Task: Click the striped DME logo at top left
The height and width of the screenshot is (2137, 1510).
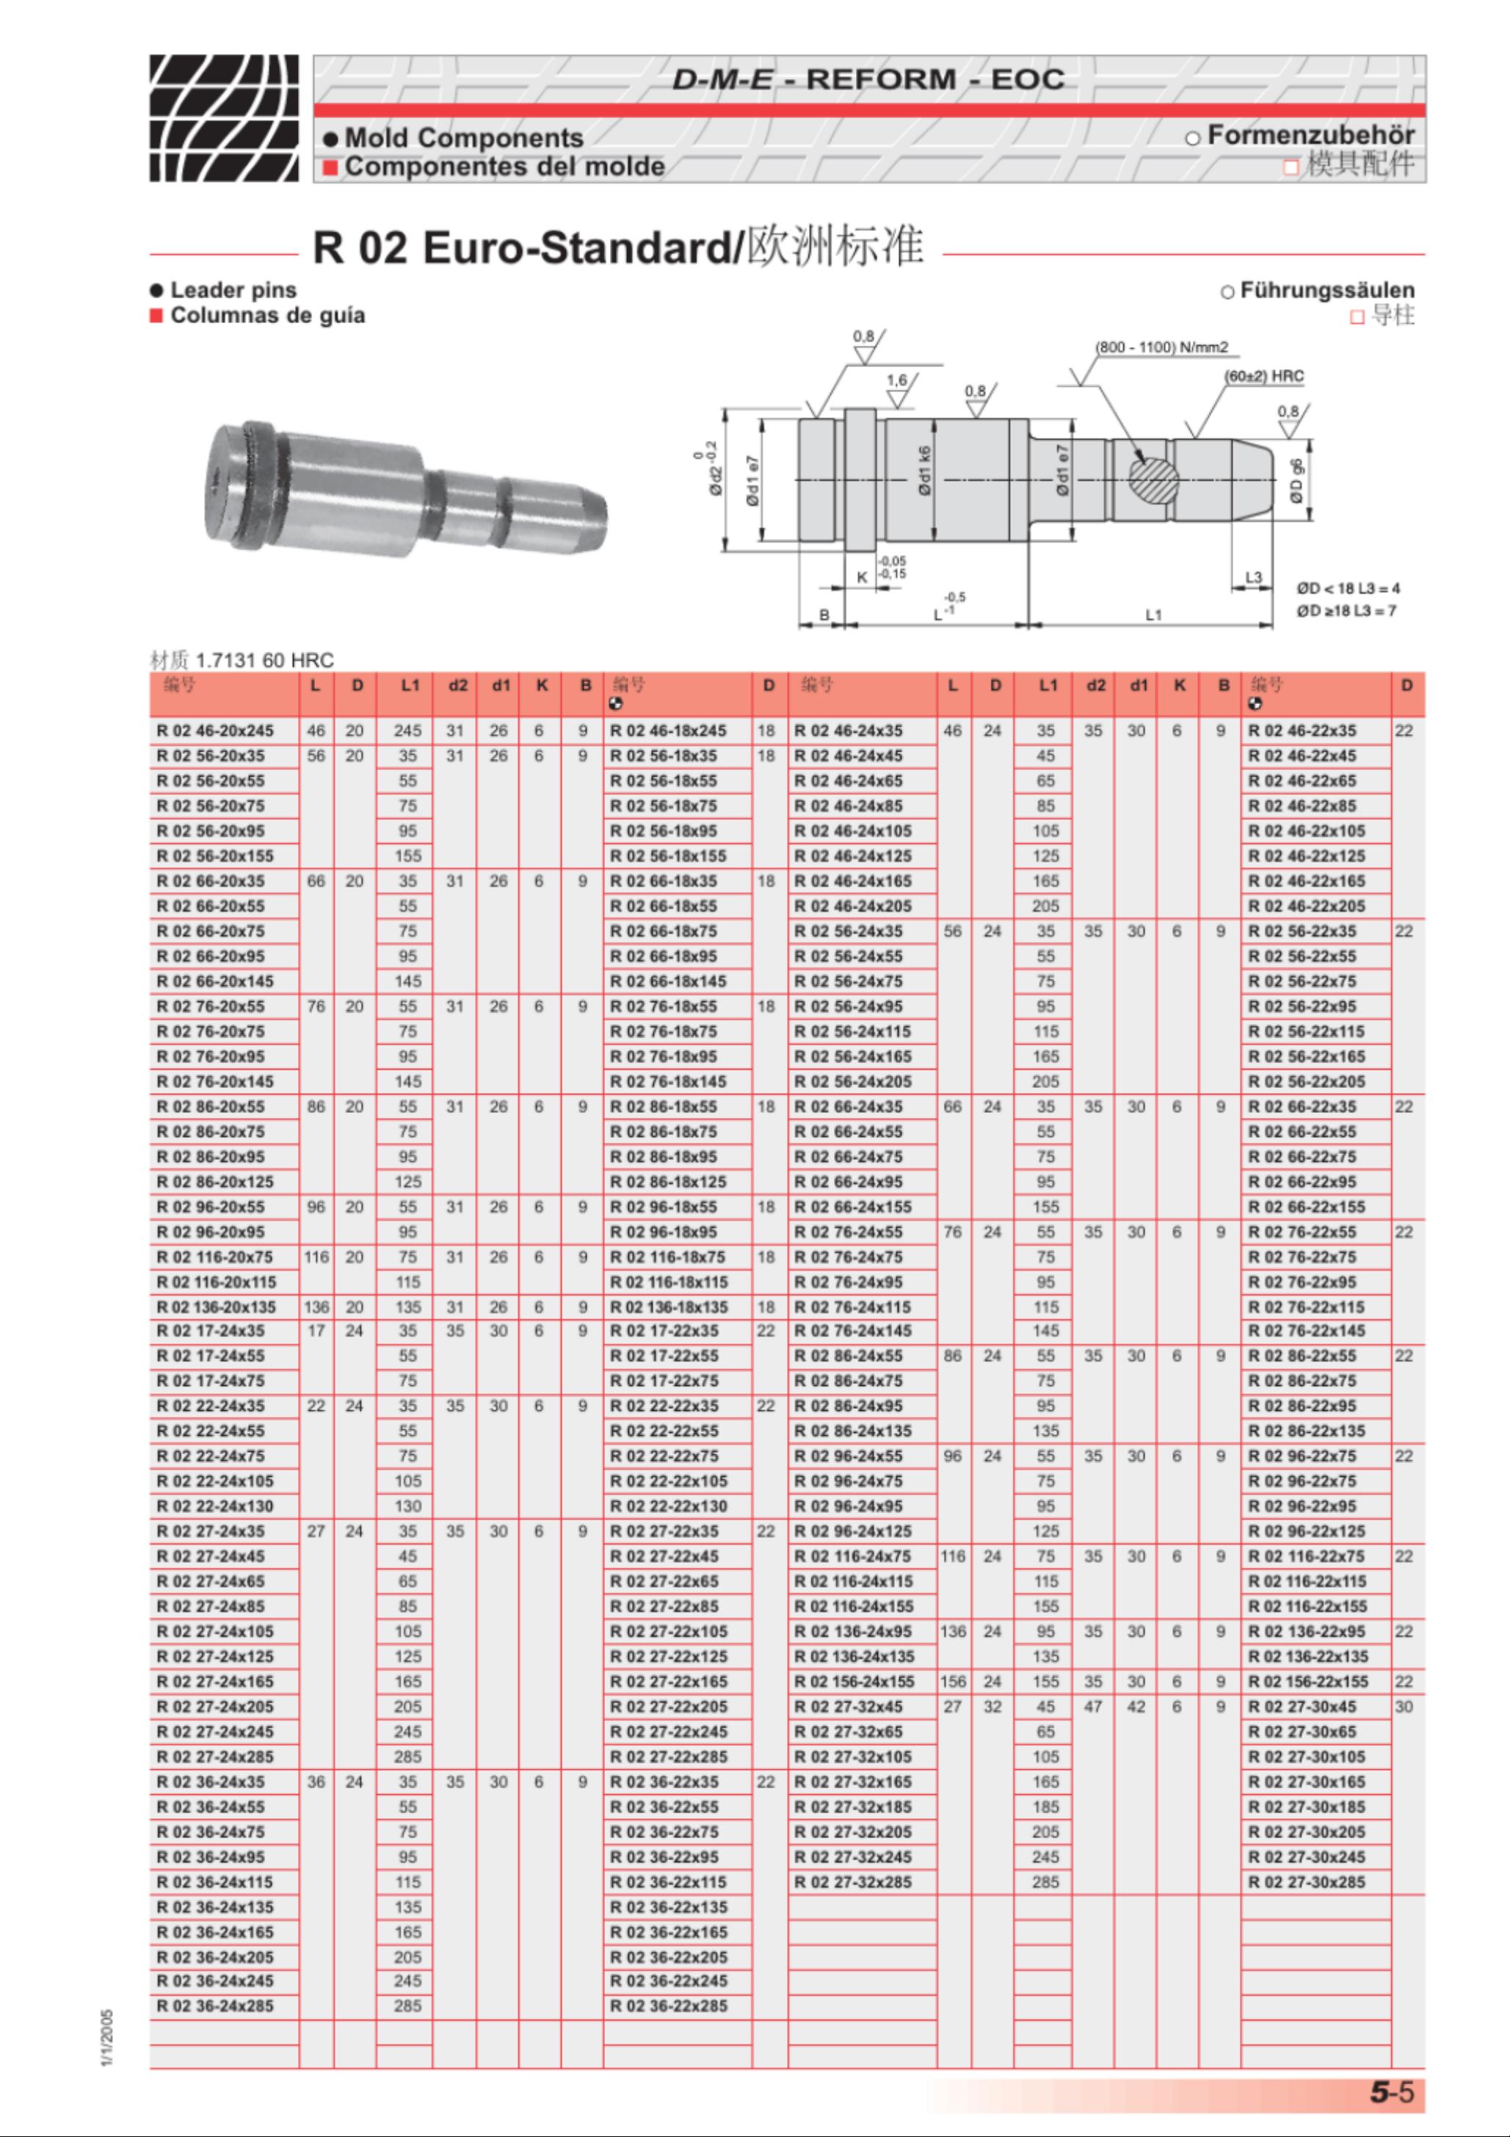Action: coord(223,117)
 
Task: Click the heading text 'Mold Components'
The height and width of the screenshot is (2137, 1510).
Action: coord(464,138)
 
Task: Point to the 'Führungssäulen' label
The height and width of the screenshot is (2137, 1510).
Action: coord(1326,291)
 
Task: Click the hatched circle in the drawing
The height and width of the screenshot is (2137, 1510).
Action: coord(1153,480)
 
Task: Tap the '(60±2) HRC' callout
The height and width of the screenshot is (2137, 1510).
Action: coord(1263,376)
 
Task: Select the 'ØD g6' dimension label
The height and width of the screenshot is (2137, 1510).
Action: coord(1296,481)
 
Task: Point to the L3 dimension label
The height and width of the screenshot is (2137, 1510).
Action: coord(1253,577)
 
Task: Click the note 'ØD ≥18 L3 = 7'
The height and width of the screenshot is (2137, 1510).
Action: coord(1346,611)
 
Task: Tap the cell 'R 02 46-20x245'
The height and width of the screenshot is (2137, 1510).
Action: coord(215,730)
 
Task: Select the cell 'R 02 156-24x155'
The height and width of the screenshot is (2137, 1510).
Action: coord(854,1682)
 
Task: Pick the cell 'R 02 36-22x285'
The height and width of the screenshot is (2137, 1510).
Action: coord(669,2006)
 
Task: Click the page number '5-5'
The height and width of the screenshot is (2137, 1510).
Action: coord(1391,2092)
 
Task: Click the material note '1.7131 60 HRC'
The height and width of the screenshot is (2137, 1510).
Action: coord(264,660)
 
